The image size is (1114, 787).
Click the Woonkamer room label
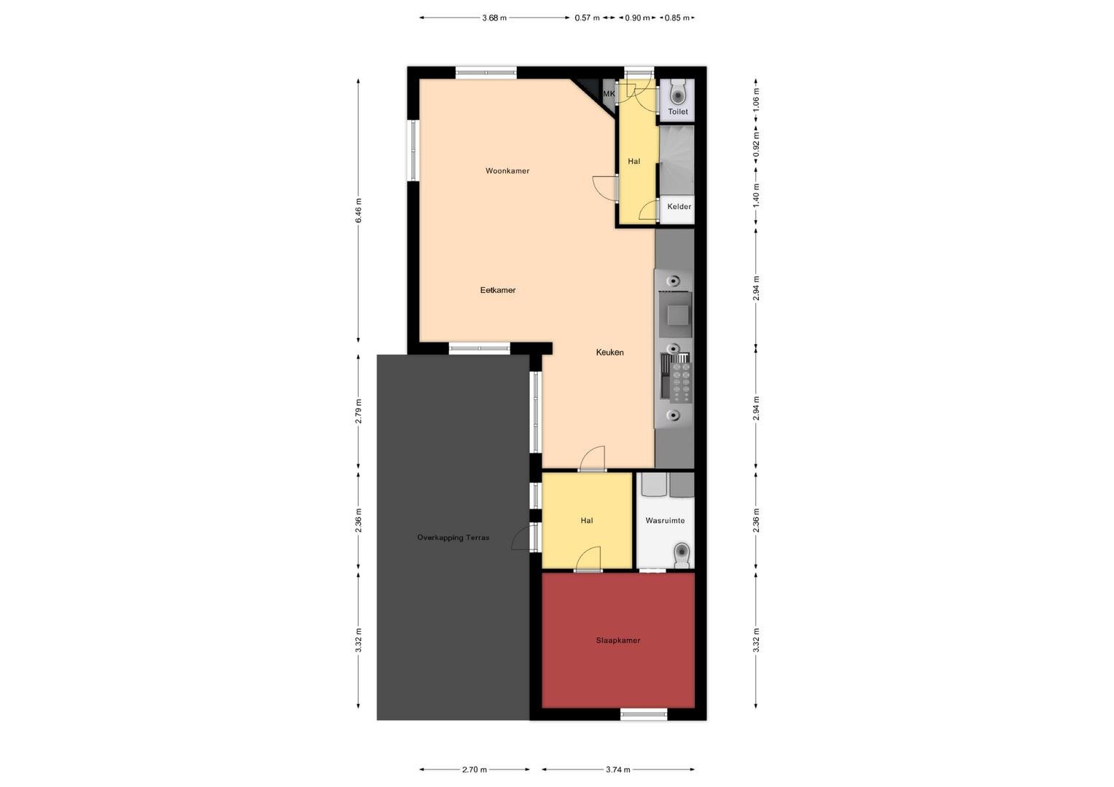coord(507,171)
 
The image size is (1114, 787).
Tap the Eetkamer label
coord(498,290)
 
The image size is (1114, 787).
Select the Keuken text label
coord(609,352)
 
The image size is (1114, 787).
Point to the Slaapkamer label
coord(618,641)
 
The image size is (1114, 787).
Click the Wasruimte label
coord(665,520)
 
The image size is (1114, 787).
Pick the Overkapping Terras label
coord(453,538)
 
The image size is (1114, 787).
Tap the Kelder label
coord(679,206)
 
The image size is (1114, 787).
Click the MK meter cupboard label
coord(609,93)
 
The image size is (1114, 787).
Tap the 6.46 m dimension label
coord(359,211)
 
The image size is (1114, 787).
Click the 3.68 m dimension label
coord(494,18)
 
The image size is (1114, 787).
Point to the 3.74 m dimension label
coord(618,770)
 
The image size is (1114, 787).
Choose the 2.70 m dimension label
coord(475,770)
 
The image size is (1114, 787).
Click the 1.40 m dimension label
coord(757,195)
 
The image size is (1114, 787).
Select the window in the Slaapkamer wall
coord(644,714)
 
